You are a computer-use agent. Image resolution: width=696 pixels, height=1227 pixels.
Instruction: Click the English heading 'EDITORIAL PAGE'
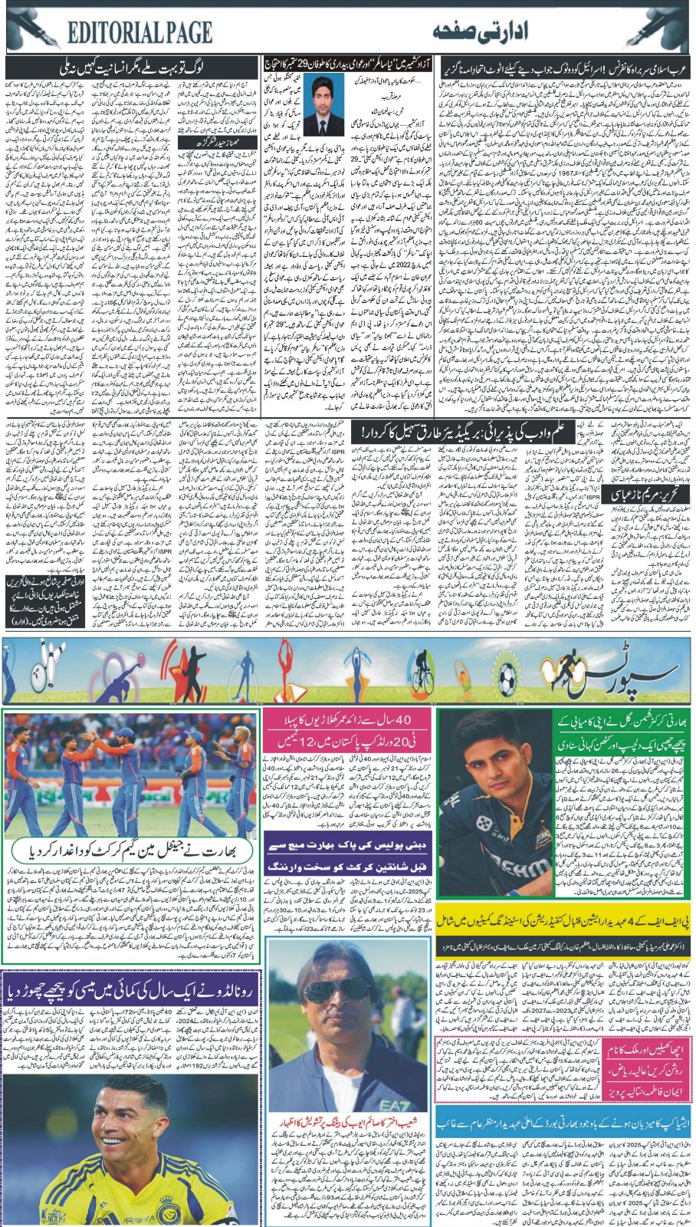(x=139, y=33)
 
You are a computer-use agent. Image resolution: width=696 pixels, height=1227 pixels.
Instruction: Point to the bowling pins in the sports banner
(x=21, y=647)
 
